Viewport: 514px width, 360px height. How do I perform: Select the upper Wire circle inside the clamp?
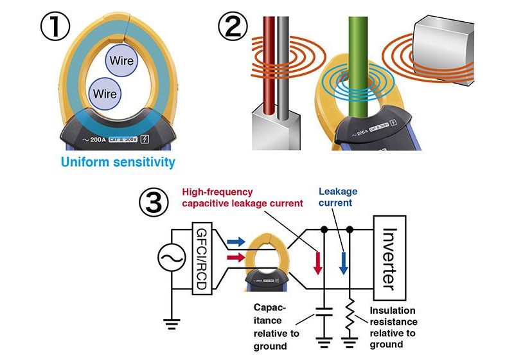(x=122, y=62)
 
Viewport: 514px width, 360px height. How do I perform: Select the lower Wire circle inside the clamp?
(x=105, y=94)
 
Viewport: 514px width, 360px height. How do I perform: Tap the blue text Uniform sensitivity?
(x=118, y=163)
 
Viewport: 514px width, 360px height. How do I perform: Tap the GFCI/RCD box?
(x=200, y=260)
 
